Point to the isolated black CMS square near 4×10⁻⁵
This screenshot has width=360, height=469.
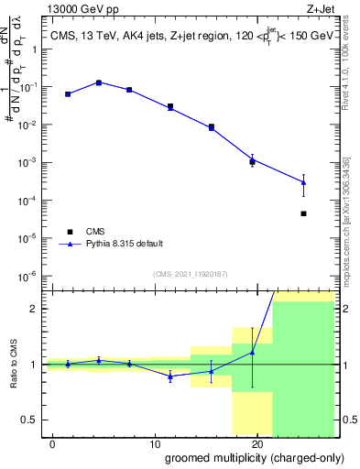pyautogui.click(x=303, y=213)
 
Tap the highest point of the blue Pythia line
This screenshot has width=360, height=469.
pyautogui.click(x=99, y=82)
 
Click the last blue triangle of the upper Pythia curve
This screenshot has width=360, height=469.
pyautogui.click(x=303, y=182)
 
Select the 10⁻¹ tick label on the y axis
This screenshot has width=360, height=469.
pyautogui.click(x=30, y=87)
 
